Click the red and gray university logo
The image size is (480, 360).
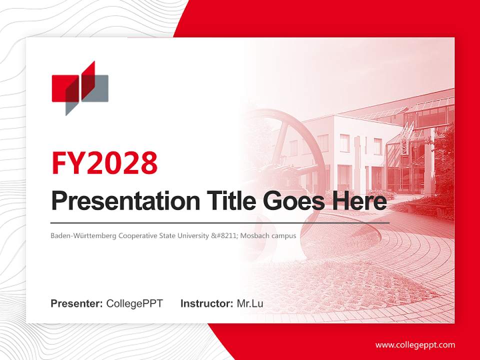[x=80, y=88]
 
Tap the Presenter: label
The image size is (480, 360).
[x=76, y=303]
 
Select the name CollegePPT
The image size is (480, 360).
[x=134, y=303]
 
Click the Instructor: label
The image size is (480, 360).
[x=206, y=303]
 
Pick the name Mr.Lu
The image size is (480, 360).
[x=249, y=303]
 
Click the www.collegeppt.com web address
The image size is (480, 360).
[x=415, y=345]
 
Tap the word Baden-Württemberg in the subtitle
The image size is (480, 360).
[x=83, y=235]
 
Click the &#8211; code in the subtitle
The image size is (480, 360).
[x=224, y=235]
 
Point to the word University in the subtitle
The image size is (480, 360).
[x=194, y=235]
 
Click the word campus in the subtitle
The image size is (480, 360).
[x=283, y=235]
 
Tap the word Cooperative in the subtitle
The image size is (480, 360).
[x=138, y=235]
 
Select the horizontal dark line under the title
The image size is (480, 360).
[x=220, y=222]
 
